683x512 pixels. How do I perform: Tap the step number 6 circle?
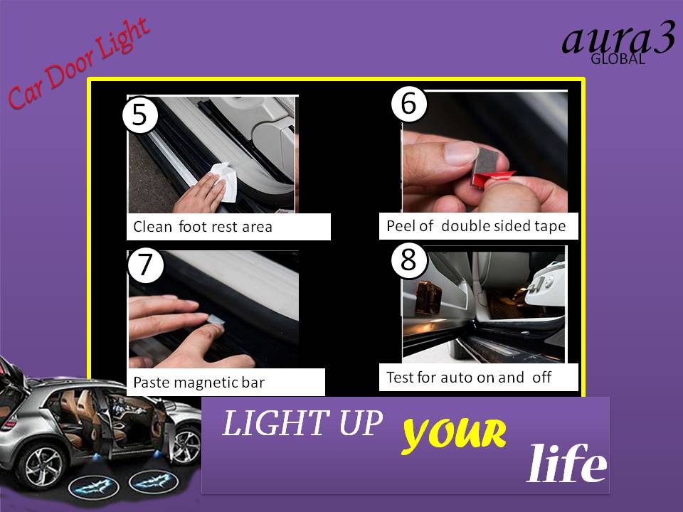point(408,104)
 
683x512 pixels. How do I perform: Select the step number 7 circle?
point(145,265)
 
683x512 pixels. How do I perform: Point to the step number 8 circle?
point(408,260)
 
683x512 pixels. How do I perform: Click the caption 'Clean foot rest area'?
point(203,228)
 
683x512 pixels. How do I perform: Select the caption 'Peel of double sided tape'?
point(476,226)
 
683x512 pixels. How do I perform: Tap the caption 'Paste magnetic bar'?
point(198,383)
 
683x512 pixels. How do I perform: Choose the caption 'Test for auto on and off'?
point(469,377)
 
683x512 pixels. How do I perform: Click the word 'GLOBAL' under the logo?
point(618,60)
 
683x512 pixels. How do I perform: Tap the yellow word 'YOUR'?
point(454,434)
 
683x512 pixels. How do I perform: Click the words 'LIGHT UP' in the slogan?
point(302,425)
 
